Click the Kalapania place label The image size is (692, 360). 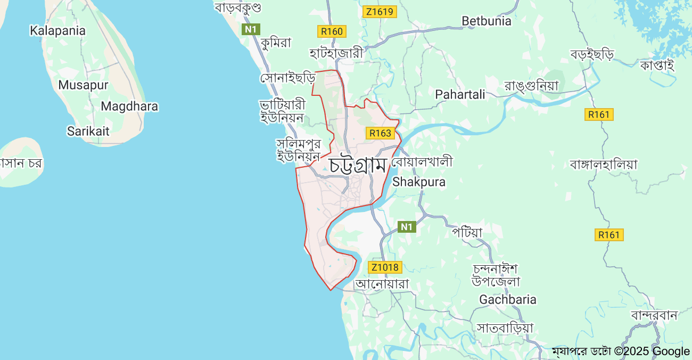coord(57,31)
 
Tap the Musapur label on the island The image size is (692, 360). coord(83,85)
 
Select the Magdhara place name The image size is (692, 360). coord(129,107)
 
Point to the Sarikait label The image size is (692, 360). coord(88,131)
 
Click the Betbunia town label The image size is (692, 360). coord(487,21)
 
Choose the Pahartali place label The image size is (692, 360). coord(460,95)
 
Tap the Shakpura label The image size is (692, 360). coord(419,182)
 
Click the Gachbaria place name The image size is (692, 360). coord(508,300)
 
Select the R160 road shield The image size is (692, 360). coord(332,31)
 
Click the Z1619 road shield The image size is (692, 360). coord(380,12)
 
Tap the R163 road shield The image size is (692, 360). coord(380,133)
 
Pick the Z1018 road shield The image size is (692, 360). coord(385,267)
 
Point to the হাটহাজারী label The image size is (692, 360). coord(336,53)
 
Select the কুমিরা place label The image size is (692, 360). coord(276,43)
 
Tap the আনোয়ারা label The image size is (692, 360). coord(382,284)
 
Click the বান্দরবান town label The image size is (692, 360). coord(654,315)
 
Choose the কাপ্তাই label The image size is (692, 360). coord(657,65)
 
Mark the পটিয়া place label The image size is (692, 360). coord(467,232)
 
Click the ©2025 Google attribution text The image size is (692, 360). coord(652,351)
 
